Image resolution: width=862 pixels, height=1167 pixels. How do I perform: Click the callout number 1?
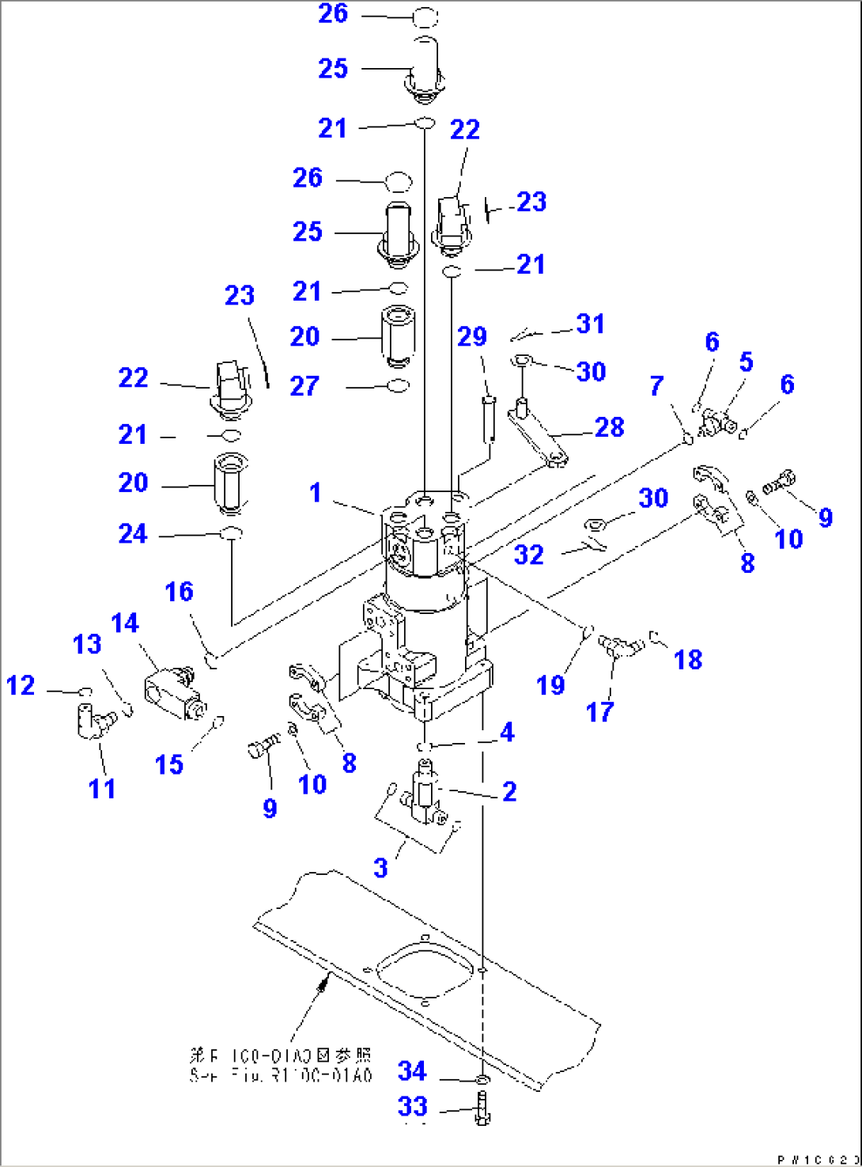[316, 492]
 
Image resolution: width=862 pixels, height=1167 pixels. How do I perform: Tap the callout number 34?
[412, 1071]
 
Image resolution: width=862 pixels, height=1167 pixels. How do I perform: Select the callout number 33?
[412, 1106]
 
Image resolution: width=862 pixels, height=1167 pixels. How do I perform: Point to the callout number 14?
[125, 623]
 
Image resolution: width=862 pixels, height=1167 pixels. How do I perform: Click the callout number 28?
[609, 427]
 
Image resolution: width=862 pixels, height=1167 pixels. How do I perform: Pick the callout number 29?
[472, 337]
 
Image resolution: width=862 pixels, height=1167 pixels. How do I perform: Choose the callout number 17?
[599, 711]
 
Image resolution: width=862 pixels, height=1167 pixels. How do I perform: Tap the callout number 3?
[380, 868]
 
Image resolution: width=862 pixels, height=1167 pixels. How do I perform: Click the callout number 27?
[304, 386]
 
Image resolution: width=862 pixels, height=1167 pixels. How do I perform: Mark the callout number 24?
[133, 534]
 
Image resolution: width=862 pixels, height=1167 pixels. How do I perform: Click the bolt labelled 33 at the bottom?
[483, 1108]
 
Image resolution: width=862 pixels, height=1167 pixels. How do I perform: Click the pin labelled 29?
[489, 415]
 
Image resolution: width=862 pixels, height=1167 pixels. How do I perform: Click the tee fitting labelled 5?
[716, 421]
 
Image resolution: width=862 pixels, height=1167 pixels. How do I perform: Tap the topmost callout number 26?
[333, 13]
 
